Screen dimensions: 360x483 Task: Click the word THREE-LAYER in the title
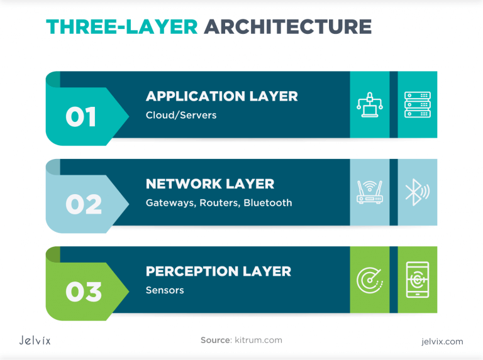tap(121, 26)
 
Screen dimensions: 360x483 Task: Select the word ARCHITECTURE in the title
tap(287, 26)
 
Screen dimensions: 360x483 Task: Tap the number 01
tap(81, 117)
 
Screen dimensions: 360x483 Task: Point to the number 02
tap(83, 205)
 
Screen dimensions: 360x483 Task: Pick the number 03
tap(83, 292)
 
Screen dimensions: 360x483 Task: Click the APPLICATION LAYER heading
tap(221, 96)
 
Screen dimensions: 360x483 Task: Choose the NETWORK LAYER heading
tap(210, 184)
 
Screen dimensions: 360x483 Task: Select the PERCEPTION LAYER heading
tap(218, 271)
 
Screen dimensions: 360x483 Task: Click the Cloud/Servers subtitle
tap(181, 115)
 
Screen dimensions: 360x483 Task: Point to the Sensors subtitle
tap(165, 290)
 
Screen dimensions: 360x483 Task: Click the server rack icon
tap(417, 105)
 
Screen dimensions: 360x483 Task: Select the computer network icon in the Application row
tap(370, 105)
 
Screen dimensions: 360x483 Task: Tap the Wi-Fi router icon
tap(370, 192)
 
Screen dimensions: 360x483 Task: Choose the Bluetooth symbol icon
tap(416, 192)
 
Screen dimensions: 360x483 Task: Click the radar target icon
tap(370, 280)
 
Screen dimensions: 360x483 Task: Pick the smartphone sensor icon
tap(417, 280)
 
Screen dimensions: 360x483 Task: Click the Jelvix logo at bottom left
tap(35, 341)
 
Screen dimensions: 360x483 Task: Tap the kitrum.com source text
tap(258, 340)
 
